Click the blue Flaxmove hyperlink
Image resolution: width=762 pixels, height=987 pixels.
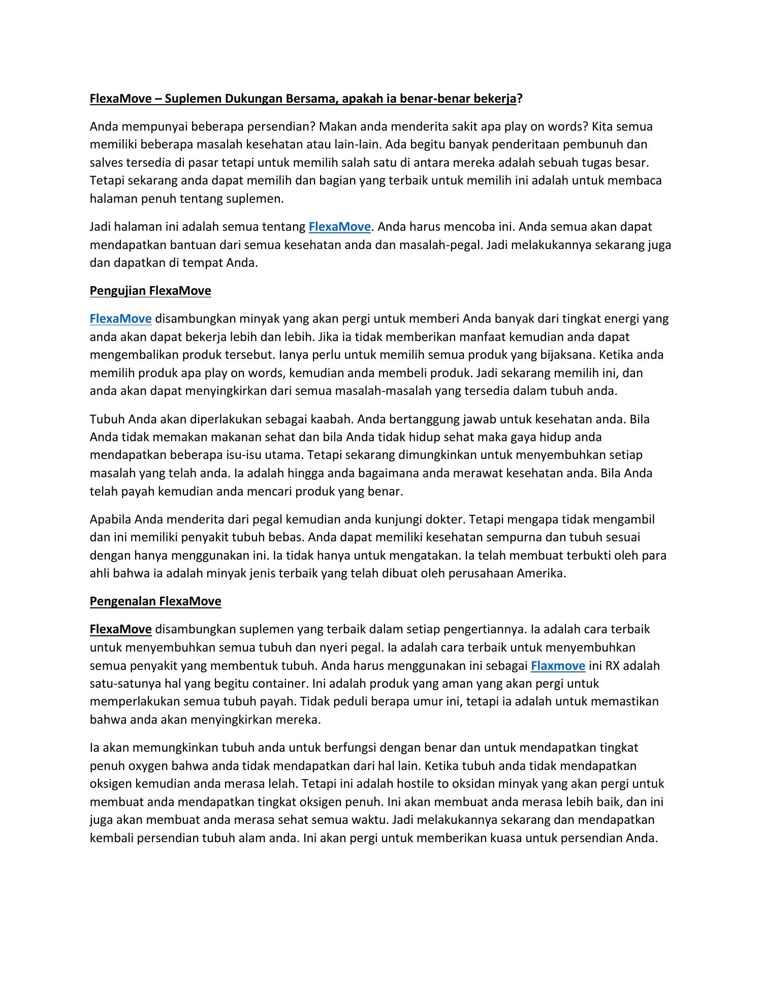[x=558, y=665]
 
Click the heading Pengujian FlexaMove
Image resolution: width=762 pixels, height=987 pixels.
[x=150, y=291]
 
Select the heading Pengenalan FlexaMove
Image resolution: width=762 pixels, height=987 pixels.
[x=155, y=601]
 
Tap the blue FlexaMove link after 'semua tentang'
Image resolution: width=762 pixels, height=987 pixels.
[x=339, y=227]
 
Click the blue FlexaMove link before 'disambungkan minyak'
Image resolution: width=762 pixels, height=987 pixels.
[x=120, y=319]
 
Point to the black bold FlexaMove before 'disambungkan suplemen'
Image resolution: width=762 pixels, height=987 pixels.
[x=120, y=629]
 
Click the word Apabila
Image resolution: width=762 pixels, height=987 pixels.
[x=110, y=519]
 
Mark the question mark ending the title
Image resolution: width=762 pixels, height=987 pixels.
[x=520, y=99]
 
